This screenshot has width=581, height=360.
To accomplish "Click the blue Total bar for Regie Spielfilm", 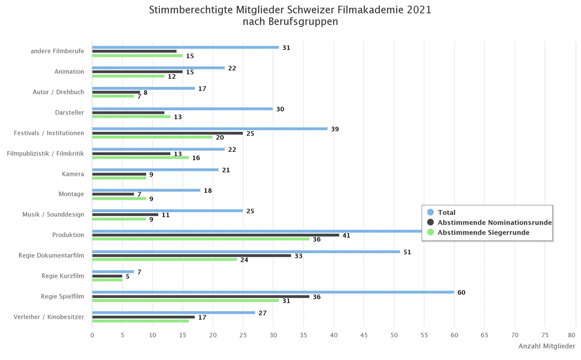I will [x=273, y=292].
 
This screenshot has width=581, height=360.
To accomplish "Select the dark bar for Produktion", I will [x=215, y=235].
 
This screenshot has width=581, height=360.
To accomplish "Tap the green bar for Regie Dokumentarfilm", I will [x=165, y=259].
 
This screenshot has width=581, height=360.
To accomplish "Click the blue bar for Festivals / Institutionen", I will [x=210, y=129].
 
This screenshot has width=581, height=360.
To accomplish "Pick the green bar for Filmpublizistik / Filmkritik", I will [x=140, y=157].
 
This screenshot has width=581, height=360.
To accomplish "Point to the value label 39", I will [x=335, y=129].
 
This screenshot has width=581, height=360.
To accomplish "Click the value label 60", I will [x=461, y=293].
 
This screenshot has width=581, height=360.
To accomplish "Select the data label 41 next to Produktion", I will [x=347, y=235].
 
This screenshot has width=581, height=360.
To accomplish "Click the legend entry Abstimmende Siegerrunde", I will [x=483, y=233].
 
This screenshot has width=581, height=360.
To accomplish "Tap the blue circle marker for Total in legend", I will [x=431, y=212].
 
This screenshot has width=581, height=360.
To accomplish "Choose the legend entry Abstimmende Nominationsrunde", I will [x=494, y=222].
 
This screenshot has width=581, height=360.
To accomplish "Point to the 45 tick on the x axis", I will [x=364, y=335].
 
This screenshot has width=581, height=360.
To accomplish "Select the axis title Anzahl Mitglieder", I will [x=547, y=346].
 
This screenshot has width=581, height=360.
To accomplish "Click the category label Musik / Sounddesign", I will [x=53, y=215].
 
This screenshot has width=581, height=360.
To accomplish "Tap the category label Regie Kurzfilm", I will [x=62, y=276].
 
